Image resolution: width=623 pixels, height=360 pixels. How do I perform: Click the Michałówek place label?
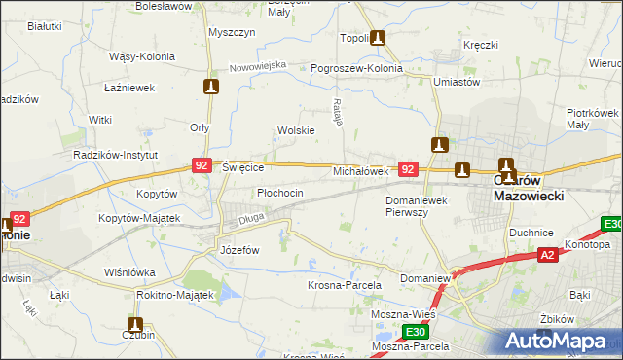click(361, 170)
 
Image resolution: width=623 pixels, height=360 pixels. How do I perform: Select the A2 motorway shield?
click(548, 255)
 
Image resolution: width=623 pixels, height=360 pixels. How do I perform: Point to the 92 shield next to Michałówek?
click(409, 169)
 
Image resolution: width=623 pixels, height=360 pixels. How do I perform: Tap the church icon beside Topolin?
click(378, 39)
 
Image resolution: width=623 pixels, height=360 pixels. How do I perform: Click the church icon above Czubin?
click(135, 326)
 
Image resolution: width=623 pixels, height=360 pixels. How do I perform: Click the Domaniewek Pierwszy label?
click(421, 205)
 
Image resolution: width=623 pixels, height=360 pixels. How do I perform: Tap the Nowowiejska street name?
click(258, 66)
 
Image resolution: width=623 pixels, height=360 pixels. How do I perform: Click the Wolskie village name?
click(296, 130)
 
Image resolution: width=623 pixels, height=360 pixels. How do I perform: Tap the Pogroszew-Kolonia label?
click(356, 69)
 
